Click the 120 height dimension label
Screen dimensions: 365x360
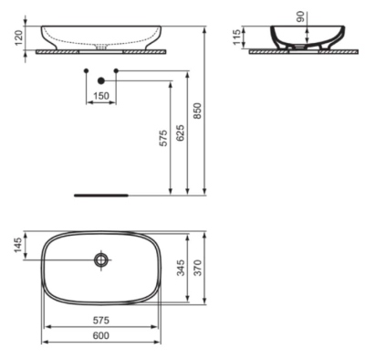click(x=19, y=38)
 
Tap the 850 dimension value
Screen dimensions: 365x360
click(x=197, y=111)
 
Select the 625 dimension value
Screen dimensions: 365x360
click(x=180, y=132)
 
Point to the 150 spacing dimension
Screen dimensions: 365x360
click(x=101, y=96)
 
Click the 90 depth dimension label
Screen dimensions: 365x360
click(x=300, y=16)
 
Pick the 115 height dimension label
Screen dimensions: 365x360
click(x=237, y=37)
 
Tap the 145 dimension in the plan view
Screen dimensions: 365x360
click(x=19, y=245)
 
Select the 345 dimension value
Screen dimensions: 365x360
click(x=181, y=268)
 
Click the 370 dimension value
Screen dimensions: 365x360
click(x=198, y=268)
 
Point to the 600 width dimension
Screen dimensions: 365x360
click(x=101, y=335)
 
